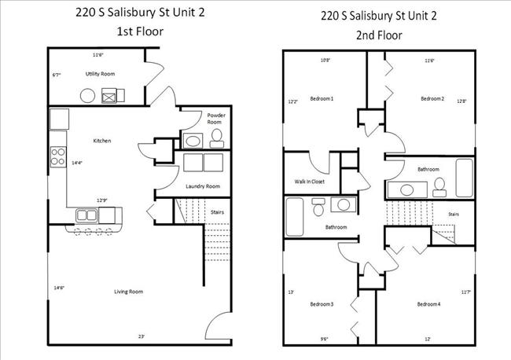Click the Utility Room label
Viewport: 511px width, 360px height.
pyautogui.click(x=100, y=73)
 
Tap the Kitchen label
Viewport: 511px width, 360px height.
pyautogui.click(x=102, y=141)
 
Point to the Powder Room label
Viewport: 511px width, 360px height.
pyautogui.click(x=216, y=119)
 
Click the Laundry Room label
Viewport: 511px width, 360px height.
pyautogui.click(x=202, y=186)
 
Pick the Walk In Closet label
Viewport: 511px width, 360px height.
pyautogui.click(x=309, y=182)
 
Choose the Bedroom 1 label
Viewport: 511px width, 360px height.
pyautogui.click(x=322, y=98)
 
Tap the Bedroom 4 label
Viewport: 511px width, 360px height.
pyautogui.click(x=428, y=304)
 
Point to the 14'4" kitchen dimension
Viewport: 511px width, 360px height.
pyautogui.click(x=76, y=163)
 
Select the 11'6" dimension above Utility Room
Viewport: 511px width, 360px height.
pyautogui.click(x=98, y=55)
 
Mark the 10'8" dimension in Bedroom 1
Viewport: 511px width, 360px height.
pyautogui.click(x=325, y=61)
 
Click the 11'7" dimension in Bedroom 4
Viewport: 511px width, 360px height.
pyautogui.click(x=467, y=292)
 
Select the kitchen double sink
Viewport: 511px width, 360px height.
pyautogui.click(x=88, y=215)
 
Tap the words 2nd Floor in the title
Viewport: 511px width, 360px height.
pyautogui.click(x=379, y=35)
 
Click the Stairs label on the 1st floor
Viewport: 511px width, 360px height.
pyautogui.click(x=218, y=211)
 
